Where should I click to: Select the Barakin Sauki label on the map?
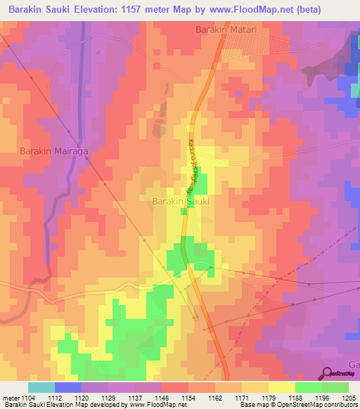pyautogui.click(x=181, y=201)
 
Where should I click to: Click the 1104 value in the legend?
pyautogui.click(x=27, y=397)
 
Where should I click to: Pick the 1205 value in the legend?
pyautogui.click(x=348, y=397)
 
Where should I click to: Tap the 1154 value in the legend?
pyautogui.click(x=188, y=397)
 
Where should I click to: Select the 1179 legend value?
pyautogui.click(x=268, y=397)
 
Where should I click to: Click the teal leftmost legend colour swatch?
pyautogui.click(x=41, y=387)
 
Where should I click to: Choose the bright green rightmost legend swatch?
pyautogui.click(x=335, y=387)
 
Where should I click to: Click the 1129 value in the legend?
pyautogui.click(x=108, y=397)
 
